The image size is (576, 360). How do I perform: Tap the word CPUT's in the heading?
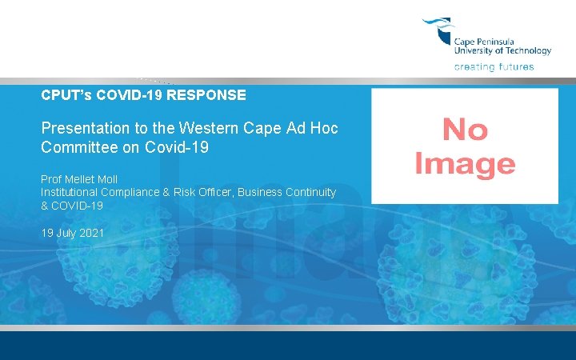(65, 95)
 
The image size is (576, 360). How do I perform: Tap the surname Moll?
(106, 179)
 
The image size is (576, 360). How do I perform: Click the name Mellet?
(78, 179)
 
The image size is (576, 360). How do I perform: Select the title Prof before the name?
(50, 179)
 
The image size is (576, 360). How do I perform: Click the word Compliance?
(139, 193)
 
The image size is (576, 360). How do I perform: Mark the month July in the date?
(67, 233)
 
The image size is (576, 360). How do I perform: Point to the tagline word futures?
(515, 67)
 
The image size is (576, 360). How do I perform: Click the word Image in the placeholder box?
(465, 163)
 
